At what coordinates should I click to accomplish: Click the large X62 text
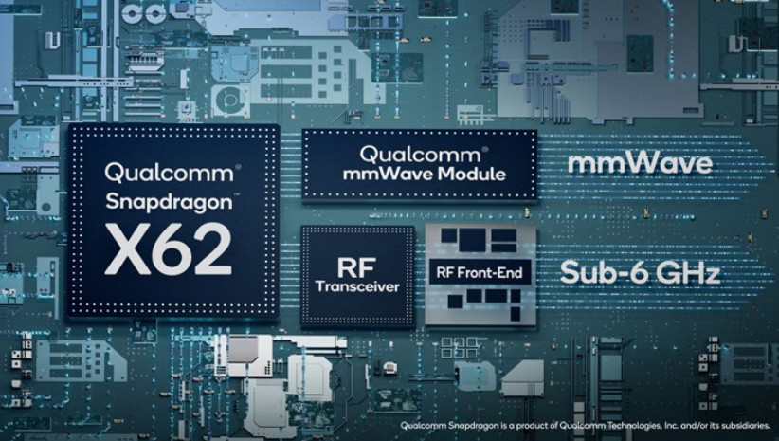[169, 248]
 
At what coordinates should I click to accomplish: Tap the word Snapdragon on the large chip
[169, 203]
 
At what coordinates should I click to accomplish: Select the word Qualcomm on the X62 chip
[169, 173]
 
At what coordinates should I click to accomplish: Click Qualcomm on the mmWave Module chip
[420, 155]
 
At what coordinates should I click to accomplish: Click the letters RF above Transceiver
[356, 268]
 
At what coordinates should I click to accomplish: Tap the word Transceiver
[357, 286]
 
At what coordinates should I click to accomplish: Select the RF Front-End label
[480, 272]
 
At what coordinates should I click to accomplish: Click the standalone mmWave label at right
[640, 163]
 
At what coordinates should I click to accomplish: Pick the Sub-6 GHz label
[640, 273]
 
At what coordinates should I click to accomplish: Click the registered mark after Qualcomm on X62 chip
[238, 167]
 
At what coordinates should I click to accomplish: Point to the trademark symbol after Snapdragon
[236, 195]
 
